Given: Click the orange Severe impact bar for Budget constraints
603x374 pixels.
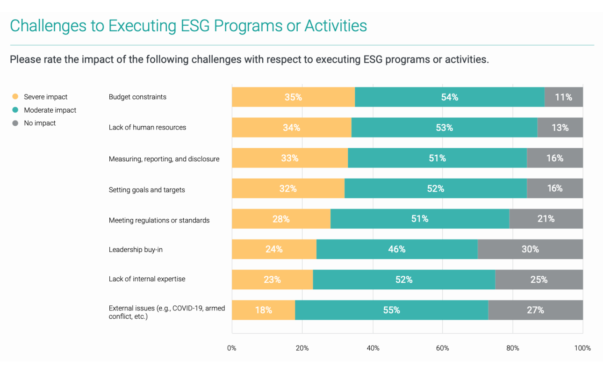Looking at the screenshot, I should (x=293, y=97).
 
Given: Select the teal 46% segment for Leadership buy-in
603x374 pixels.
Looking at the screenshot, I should (x=396, y=249).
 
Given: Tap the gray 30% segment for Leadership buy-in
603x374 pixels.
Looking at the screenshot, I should (x=530, y=249).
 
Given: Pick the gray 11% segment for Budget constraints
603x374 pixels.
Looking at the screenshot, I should (x=564, y=97).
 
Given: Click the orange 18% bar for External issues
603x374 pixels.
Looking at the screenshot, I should (x=263, y=310).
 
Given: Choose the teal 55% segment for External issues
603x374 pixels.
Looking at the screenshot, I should (x=391, y=310).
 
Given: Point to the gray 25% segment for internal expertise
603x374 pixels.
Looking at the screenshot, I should (x=538, y=280).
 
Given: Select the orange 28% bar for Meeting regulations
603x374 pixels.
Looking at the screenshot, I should (x=281, y=219).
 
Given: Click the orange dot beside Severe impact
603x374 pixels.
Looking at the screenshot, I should (x=15, y=97).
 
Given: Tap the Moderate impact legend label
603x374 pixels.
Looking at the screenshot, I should (x=50, y=110).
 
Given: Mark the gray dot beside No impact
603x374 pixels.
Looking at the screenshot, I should (x=15, y=123).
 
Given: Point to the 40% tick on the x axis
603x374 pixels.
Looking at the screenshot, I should (x=373, y=348).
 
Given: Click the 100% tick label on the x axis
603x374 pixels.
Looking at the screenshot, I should (x=582, y=348).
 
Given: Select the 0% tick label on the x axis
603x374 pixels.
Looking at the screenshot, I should (x=232, y=348).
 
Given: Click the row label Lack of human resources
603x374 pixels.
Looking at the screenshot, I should (x=147, y=127).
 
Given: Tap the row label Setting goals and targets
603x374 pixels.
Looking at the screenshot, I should (x=147, y=190).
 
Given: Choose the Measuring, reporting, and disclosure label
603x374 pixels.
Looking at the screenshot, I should (x=164, y=159).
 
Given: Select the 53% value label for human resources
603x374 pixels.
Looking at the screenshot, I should (x=444, y=128).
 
